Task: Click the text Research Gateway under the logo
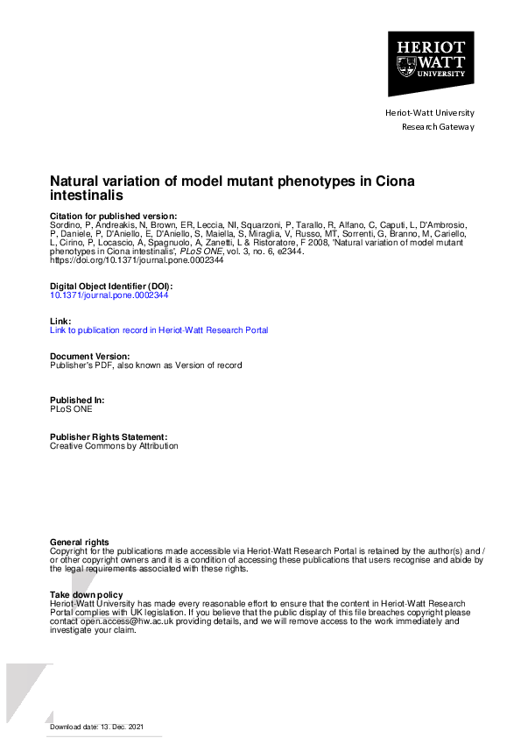pos(438,126)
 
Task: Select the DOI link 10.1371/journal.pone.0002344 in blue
pos(109,295)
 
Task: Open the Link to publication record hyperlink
pos(159,330)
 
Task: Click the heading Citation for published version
pos(113,216)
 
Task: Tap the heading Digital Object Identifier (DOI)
pos(111,287)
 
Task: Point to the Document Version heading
pos(90,356)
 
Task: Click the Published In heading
pos(77,400)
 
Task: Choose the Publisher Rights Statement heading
pos(108,436)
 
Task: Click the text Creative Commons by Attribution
pos(114,445)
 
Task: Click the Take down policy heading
pos(87,595)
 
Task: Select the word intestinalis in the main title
pos(87,196)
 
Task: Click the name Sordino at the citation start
pos(66,225)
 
